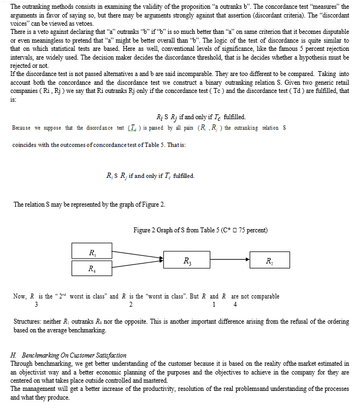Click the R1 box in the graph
[92, 252]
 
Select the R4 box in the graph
[92, 269]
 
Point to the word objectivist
[32, 372]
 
